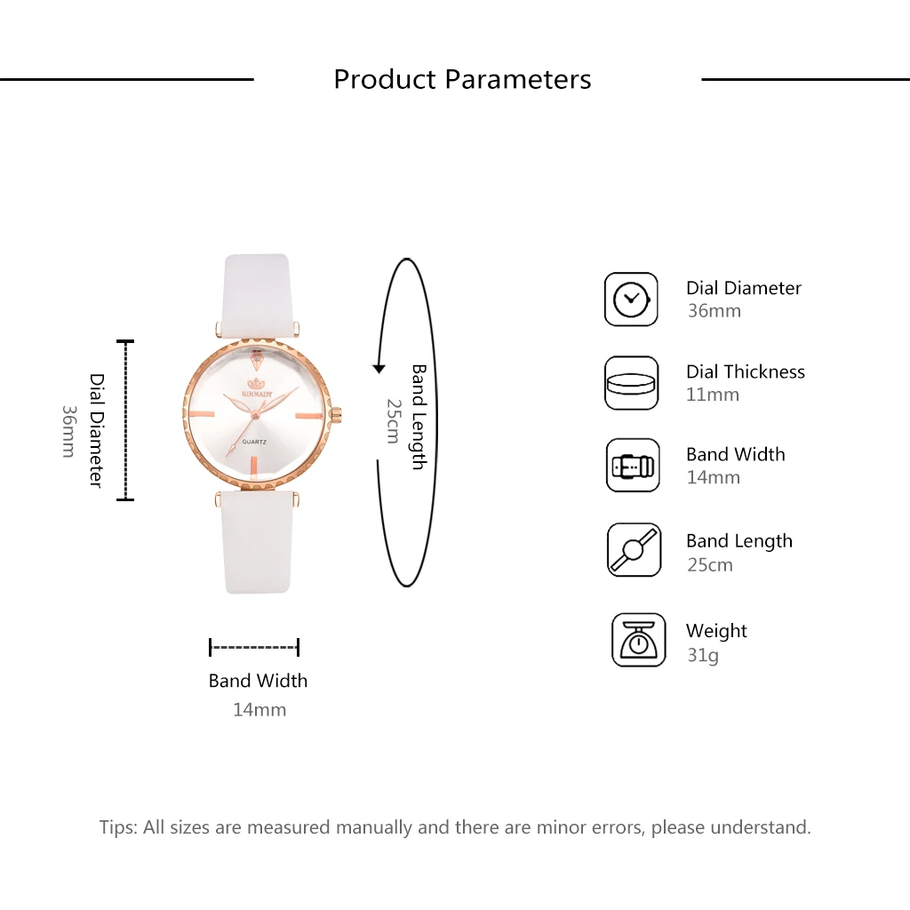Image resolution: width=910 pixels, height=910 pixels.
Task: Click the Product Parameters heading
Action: (462, 79)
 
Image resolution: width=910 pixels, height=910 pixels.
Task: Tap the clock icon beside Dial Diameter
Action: (631, 299)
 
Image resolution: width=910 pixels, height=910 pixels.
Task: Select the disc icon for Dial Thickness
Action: (631, 383)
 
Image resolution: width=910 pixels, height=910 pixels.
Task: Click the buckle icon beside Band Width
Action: (633, 466)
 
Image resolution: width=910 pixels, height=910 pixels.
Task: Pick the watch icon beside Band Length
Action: (634, 549)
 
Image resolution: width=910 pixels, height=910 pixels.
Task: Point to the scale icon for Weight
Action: (638, 640)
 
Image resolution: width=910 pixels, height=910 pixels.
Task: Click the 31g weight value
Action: (703, 655)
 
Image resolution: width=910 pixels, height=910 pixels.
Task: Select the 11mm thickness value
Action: (713, 395)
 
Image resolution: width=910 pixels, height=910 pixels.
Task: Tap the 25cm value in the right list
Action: (710, 564)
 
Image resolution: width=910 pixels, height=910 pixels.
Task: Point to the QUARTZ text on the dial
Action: (254, 443)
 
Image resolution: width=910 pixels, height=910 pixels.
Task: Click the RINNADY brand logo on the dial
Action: (257, 388)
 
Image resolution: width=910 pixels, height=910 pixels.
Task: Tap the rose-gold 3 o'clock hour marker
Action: (309, 416)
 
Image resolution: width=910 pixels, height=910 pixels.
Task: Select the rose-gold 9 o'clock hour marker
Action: (201, 414)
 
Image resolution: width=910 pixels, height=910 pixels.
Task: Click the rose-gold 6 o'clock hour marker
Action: (254, 468)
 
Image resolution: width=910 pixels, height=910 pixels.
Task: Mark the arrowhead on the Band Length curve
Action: (379, 369)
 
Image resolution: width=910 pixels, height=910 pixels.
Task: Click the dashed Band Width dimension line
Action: (254, 647)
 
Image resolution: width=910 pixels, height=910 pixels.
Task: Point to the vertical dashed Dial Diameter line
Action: (125, 420)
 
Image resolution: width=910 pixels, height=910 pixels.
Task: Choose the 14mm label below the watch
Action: (259, 710)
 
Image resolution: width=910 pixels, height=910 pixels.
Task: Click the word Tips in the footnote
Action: (118, 827)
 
